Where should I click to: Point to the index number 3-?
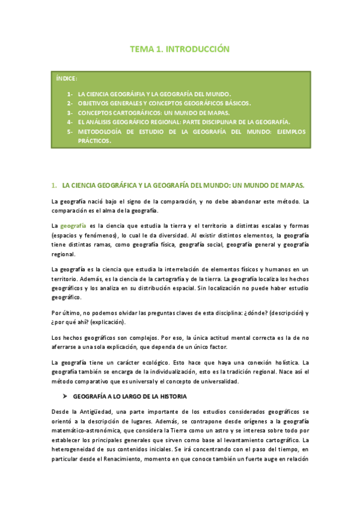click(70, 112)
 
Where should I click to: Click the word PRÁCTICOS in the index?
click(94, 140)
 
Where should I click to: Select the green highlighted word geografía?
click(74, 226)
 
